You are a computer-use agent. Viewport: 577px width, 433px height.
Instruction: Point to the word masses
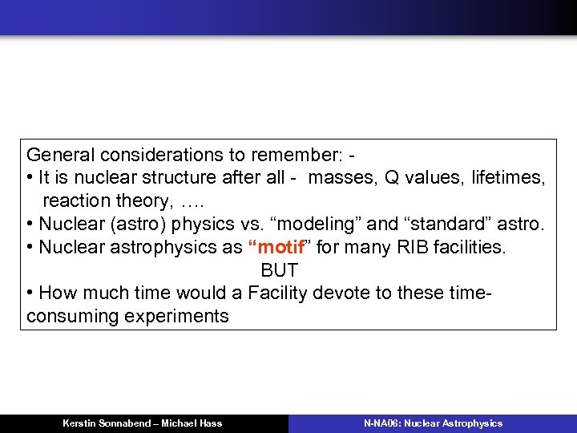click(337, 178)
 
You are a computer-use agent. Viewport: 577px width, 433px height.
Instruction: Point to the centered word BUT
click(279, 270)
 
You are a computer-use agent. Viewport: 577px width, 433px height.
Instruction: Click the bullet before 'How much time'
click(30, 293)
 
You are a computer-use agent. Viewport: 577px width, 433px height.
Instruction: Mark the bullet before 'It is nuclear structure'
click(30, 178)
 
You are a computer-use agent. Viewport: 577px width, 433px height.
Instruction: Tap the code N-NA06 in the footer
click(381, 423)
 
